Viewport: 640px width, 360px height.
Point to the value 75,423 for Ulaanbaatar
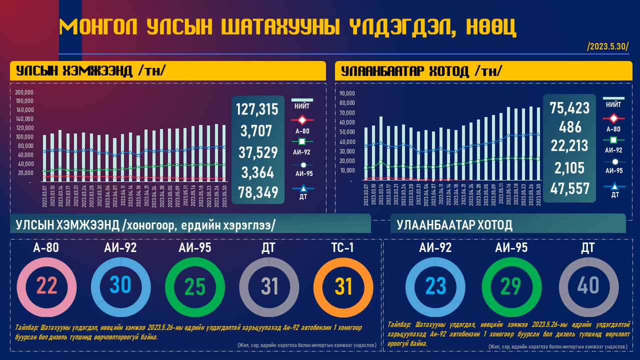point(569,107)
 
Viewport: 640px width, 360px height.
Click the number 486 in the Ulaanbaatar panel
point(570,126)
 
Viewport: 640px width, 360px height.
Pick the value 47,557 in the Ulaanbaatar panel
point(569,188)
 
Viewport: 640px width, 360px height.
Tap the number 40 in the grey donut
point(587,285)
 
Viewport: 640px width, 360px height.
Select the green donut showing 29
point(511,285)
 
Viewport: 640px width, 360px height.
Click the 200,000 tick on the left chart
point(24,92)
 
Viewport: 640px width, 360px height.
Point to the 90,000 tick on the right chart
point(346,93)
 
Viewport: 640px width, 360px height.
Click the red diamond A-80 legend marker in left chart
point(302,120)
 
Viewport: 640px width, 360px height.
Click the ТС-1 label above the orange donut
point(342,247)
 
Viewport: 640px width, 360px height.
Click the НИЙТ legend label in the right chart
point(613,105)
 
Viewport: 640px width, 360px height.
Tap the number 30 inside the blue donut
point(120,285)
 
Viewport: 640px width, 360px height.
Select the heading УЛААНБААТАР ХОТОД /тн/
point(421,71)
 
